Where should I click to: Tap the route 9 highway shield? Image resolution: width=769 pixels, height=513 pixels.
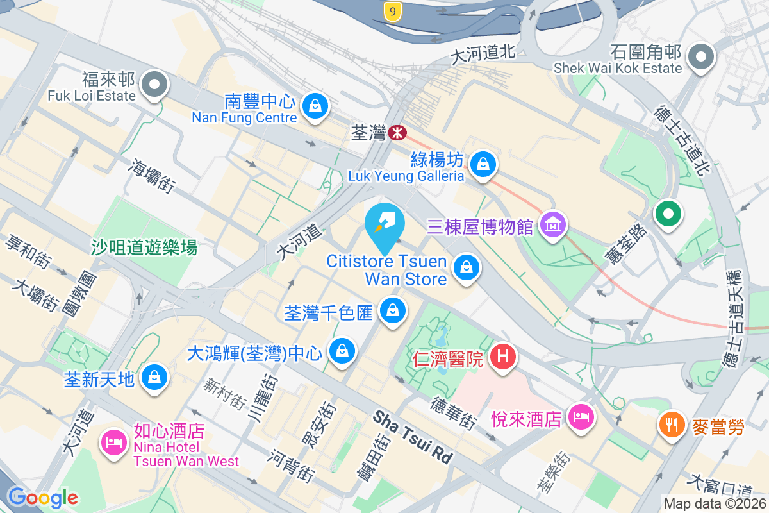pyautogui.click(x=393, y=10)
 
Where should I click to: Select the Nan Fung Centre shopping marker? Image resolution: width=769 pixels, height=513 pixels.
pyautogui.click(x=315, y=105)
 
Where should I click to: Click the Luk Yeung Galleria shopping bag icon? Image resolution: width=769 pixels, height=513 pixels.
pyautogui.click(x=483, y=164)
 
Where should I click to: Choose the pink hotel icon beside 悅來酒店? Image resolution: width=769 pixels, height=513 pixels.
pyautogui.click(x=581, y=417)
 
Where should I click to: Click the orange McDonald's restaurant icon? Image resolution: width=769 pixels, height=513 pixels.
pyautogui.click(x=672, y=425)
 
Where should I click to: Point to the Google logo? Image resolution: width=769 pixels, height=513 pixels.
pyautogui.click(x=42, y=497)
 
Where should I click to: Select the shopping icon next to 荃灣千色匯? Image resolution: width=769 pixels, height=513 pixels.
pyautogui.click(x=392, y=311)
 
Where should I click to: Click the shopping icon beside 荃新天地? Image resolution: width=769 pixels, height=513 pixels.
pyautogui.click(x=154, y=377)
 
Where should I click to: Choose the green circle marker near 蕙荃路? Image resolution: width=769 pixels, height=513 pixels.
pyautogui.click(x=668, y=214)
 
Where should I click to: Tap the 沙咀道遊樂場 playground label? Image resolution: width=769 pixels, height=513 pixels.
pyautogui.click(x=144, y=247)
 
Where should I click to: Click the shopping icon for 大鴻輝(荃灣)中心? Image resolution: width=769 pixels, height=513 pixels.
pyautogui.click(x=342, y=351)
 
